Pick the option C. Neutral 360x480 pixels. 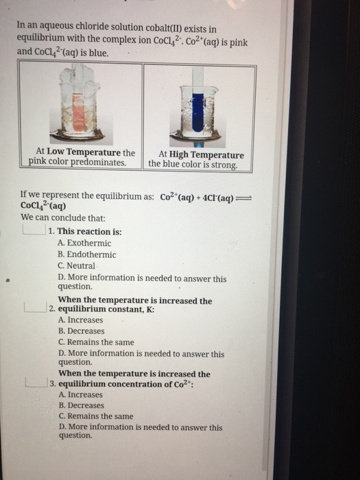[x=77, y=265]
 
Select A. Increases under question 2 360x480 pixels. [x=81, y=320]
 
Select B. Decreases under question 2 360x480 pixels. [x=81, y=331]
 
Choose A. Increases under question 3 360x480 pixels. [x=81, y=394]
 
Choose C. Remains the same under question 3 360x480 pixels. [x=96, y=416]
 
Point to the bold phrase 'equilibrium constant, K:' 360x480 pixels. [x=106, y=309]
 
